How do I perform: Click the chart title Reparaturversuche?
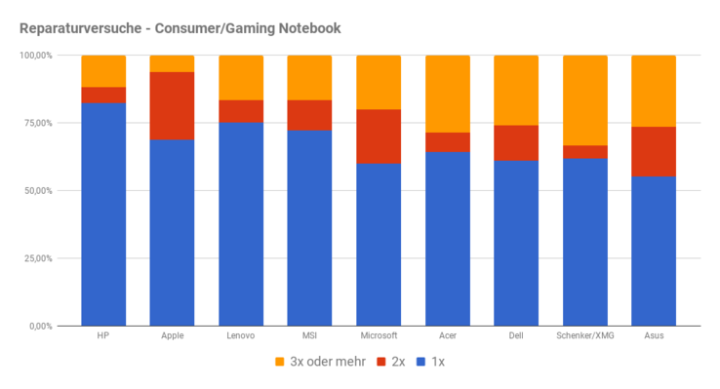pyautogui.click(x=180, y=28)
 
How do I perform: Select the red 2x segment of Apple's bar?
pyautogui.click(x=172, y=105)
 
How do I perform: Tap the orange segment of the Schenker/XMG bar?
pyautogui.click(x=584, y=99)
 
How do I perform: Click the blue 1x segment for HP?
pyautogui.click(x=102, y=214)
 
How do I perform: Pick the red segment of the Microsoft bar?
pyautogui.click(x=379, y=136)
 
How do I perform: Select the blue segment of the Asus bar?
pyautogui.click(x=654, y=251)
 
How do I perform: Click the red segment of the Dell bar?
pyautogui.click(x=516, y=142)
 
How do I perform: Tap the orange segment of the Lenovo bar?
pyautogui.click(x=241, y=77)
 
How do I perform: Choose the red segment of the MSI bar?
pyautogui.click(x=309, y=114)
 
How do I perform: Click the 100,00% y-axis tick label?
pyautogui.click(x=36, y=56)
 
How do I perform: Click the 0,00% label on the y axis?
pyautogui.click(x=41, y=326)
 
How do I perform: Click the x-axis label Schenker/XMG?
pyautogui.click(x=584, y=335)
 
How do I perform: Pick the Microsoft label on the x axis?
pyautogui.click(x=379, y=335)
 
